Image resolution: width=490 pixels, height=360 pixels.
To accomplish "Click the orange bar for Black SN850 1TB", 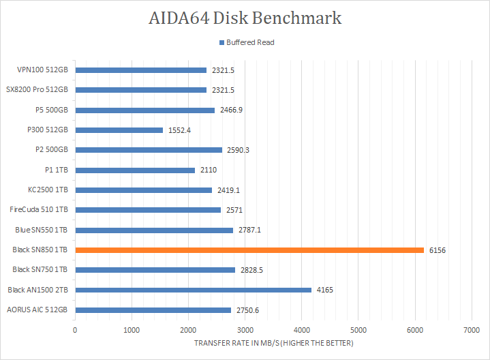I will [249, 250].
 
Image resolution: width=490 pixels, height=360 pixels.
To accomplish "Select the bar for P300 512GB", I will [119, 130].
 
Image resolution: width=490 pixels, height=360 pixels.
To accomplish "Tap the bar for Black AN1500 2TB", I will [193, 290].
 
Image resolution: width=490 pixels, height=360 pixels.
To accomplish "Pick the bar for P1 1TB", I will [135, 170].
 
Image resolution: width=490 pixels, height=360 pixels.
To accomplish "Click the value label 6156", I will [438, 250].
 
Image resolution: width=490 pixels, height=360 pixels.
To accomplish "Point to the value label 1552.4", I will [180, 130].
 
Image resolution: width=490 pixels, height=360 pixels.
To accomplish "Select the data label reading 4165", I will [325, 290].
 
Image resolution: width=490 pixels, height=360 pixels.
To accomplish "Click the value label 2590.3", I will [239, 150].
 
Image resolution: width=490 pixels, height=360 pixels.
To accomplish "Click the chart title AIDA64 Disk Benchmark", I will [245, 18].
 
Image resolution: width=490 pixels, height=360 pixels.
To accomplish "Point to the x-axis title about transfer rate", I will [274, 342].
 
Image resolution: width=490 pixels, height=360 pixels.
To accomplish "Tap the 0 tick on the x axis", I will [75, 329].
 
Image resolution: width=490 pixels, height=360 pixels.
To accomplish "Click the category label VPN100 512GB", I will [43, 70].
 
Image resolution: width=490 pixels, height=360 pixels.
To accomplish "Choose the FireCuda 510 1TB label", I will [40, 210].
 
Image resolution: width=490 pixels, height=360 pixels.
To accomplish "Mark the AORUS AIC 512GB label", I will [37, 310].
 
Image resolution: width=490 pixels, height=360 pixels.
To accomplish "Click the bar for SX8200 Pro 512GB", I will [140, 90].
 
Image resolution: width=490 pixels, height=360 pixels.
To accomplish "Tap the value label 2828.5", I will [251, 270].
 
